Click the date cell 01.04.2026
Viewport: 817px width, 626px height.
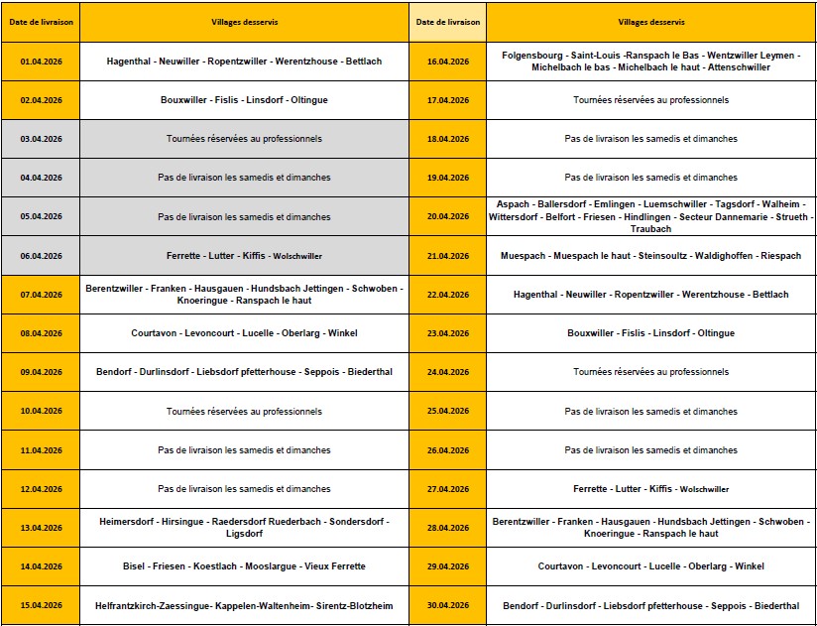pos(41,62)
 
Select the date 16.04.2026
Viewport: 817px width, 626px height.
pos(447,62)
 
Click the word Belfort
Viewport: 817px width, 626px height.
pos(560,216)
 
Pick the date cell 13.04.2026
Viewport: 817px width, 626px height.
pos(41,528)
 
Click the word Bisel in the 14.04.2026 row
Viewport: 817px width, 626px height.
pos(134,566)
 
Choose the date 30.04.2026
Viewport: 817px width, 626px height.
pos(447,605)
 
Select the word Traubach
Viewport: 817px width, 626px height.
pos(650,229)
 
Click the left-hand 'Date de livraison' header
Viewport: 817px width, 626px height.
pos(41,21)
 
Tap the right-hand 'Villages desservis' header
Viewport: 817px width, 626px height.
pos(650,21)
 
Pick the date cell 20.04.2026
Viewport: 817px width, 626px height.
pos(447,216)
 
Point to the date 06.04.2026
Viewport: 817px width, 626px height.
pos(41,255)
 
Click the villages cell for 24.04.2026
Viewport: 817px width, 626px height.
pos(650,372)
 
